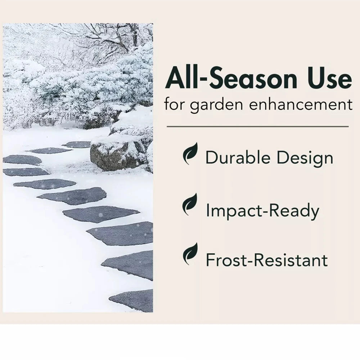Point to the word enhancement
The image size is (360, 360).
coord(301,104)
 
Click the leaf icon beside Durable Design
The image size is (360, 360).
coord(190,153)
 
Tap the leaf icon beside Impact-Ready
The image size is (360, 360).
coord(190,204)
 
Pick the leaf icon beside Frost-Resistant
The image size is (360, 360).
coord(190,254)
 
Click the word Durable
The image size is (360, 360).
coord(238,157)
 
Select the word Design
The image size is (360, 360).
coord(305,159)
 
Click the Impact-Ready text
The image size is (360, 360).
coord(262,211)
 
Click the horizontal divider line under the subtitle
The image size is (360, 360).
coord(258,126)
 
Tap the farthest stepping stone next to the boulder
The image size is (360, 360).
coord(77,145)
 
